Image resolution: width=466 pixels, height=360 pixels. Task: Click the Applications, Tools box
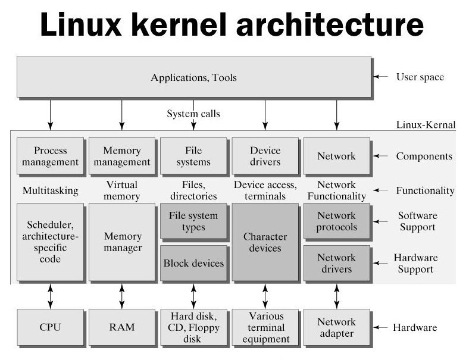(194, 77)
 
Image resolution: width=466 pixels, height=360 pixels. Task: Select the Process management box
(50, 156)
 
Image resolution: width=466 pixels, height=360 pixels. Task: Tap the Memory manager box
(122, 242)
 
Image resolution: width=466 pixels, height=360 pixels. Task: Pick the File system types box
(193, 221)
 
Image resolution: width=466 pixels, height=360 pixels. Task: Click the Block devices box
(193, 263)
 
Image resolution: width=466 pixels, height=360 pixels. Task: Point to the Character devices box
(265, 242)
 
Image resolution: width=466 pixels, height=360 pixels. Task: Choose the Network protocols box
(337, 221)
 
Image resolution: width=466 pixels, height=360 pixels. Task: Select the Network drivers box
(337, 263)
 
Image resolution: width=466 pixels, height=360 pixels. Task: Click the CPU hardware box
(50, 327)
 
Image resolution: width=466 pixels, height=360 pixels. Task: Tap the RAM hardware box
(122, 327)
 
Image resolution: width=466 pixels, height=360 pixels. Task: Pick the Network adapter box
(337, 327)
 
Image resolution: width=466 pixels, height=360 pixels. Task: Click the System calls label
(193, 114)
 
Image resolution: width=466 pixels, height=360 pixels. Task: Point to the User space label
(420, 77)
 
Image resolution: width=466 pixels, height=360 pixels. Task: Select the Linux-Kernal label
(426, 124)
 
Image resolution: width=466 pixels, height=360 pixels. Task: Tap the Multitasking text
(50, 190)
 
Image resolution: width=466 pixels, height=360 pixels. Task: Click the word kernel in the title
(179, 24)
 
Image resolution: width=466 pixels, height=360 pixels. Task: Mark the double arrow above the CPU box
(50, 296)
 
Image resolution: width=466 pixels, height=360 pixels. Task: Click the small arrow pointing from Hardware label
(380, 327)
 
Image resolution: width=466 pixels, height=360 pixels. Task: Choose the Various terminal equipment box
(265, 327)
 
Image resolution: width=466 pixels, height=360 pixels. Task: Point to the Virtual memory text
(122, 190)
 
